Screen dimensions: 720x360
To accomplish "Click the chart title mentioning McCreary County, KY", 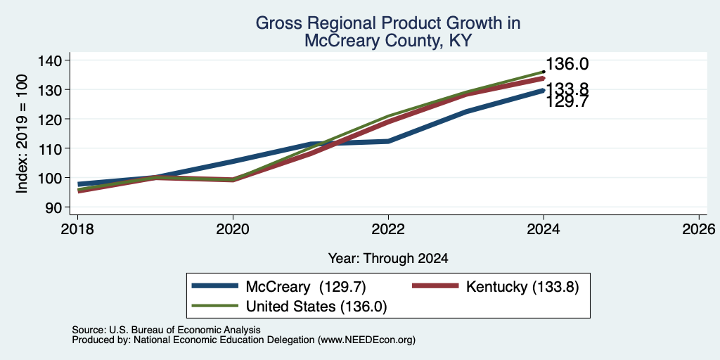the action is [387, 32].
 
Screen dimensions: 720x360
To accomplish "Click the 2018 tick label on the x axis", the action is [77, 229].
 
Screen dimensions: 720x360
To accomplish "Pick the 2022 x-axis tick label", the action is [388, 229].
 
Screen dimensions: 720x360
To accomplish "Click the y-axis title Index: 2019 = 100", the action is [22, 134].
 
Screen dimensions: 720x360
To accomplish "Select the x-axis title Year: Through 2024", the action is [388, 259].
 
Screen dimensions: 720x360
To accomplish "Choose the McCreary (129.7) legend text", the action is [306, 287].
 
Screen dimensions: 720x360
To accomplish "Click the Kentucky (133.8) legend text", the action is [522, 287].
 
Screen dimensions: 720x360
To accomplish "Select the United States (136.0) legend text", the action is [316, 307].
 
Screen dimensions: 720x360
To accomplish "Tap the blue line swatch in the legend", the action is [215, 286].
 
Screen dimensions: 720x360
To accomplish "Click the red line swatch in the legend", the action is [435, 286].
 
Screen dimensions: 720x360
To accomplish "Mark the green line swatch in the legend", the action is [215, 306].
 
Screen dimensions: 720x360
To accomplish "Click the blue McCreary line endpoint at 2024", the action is [544, 91].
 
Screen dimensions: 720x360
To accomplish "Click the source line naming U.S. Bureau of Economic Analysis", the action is [166, 330].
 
